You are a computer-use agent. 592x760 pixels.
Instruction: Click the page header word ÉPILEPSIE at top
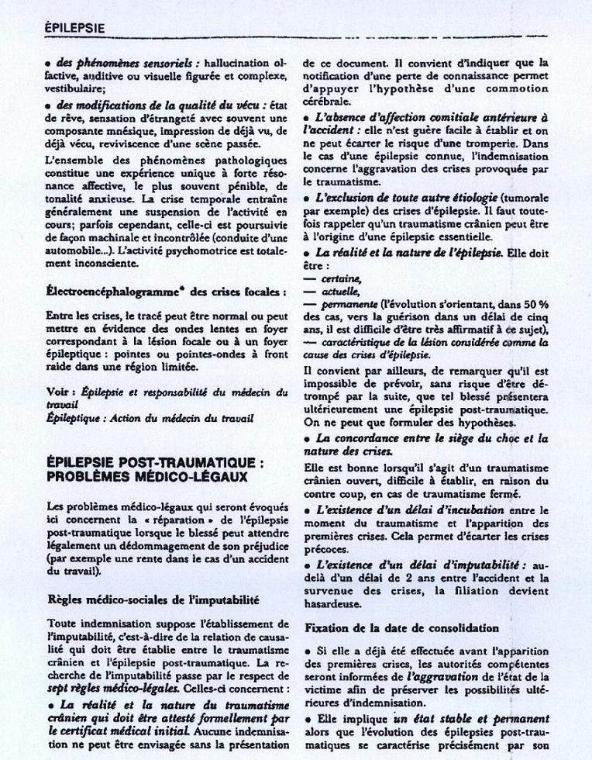[x=74, y=28]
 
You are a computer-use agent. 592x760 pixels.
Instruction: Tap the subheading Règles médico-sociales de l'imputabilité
[x=153, y=599]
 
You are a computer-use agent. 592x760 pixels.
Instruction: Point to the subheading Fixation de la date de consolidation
[x=401, y=627]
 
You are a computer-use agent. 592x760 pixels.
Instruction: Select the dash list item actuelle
[x=341, y=292]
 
